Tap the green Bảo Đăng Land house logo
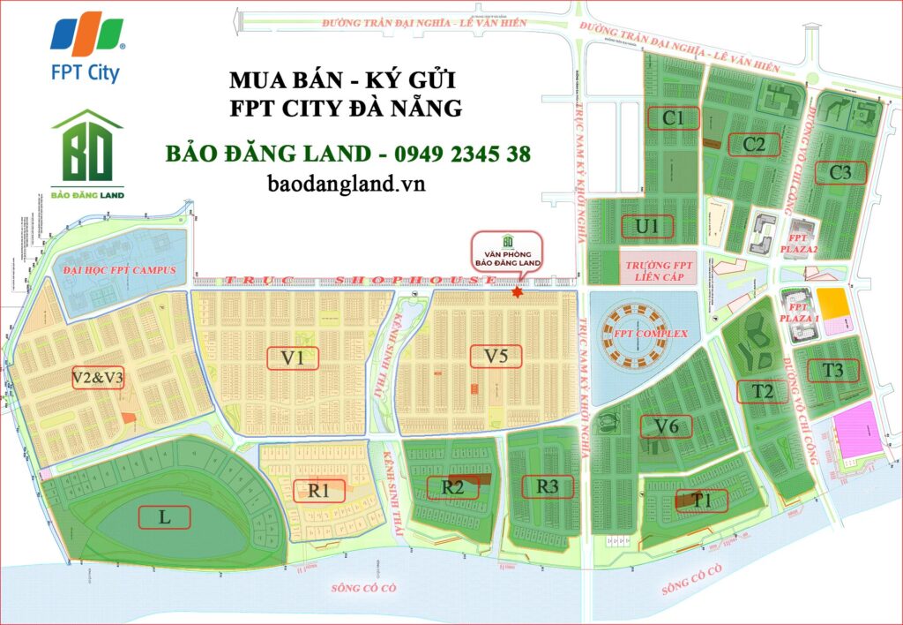86,154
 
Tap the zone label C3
840,173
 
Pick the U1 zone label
647,227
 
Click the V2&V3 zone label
98,379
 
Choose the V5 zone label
495,357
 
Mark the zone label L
164,517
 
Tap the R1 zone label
319,490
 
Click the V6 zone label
666,426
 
